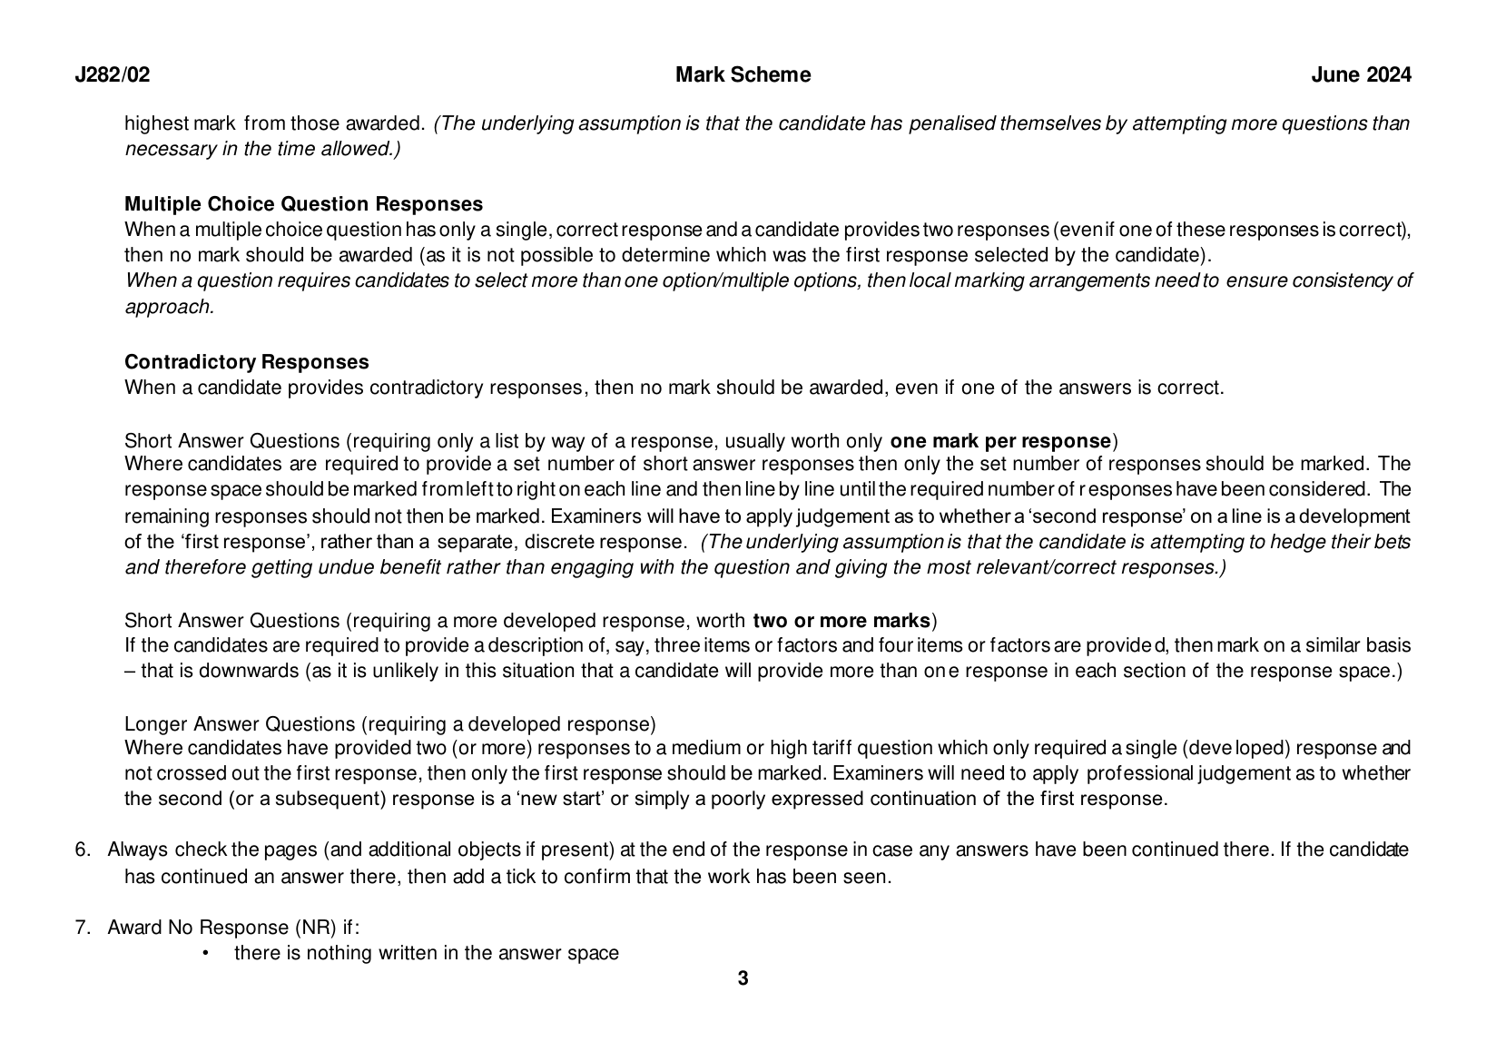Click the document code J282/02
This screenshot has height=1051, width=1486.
[112, 75]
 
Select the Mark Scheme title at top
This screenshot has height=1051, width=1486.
[743, 75]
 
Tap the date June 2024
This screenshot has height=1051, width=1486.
[1361, 75]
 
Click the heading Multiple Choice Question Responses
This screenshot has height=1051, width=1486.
[303, 204]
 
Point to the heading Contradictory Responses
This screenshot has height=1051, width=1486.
[246, 362]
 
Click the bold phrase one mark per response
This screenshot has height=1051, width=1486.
[1000, 442]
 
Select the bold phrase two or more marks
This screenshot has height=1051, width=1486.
[841, 621]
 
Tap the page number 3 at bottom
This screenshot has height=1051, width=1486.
[743, 978]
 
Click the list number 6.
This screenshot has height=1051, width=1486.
[83, 850]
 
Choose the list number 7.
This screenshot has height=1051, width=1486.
[83, 928]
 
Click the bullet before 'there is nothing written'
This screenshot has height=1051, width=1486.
[206, 953]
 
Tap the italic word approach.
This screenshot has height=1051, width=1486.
[169, 307]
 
